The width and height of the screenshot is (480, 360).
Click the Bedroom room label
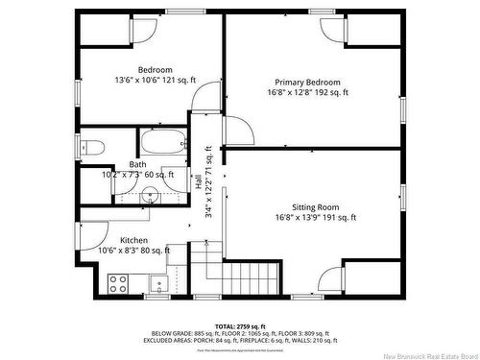click(x=155, y=69)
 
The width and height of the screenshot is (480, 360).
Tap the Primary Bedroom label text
click(x=307, y=83)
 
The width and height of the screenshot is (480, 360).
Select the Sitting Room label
click(x=315, y=207)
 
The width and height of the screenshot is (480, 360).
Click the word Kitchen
click(x=133, y=240)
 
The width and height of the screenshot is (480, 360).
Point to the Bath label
click(x=138, y=164)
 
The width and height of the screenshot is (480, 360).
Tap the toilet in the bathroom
click(x=91, y=147)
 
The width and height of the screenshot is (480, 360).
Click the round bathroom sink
click(x=150, y=197)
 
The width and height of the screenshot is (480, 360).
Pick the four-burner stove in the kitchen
click(x=118, y=282)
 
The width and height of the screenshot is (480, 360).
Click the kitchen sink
click(x=158, y=282)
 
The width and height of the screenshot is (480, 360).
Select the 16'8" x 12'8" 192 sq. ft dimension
click(x=307, y=93)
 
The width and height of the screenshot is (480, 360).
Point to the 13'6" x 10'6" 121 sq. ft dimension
click(x=155, y=80)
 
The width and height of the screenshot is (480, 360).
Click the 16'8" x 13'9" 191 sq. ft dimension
click(x=315, y=218)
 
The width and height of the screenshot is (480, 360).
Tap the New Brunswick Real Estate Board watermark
click(x=423, y=351)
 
